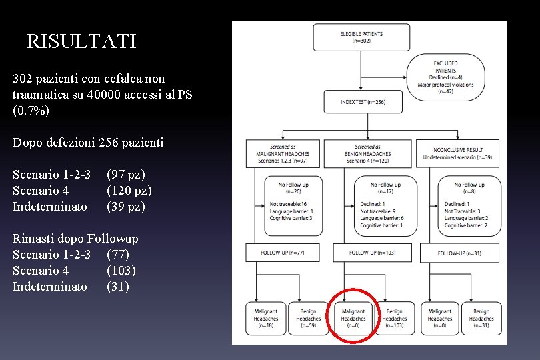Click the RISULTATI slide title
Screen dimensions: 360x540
(81, 41)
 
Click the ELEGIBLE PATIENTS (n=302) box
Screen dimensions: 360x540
(361, 37)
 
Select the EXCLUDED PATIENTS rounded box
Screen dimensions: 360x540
(445, 77)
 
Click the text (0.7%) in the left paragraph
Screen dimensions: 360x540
(31, 111)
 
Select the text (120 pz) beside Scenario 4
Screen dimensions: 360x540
(129, 191)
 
